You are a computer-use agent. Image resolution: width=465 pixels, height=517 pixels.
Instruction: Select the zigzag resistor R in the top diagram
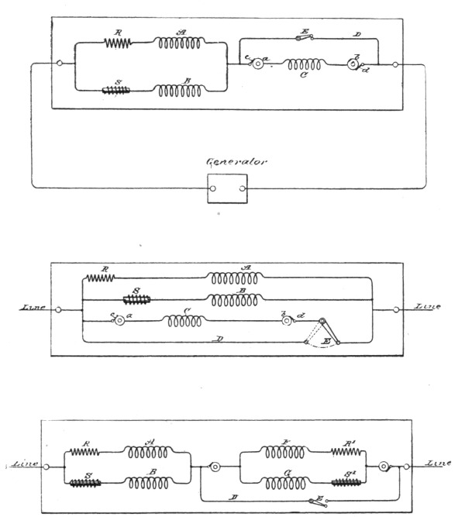[118, 43]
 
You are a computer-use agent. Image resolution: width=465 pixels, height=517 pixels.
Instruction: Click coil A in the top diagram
[181, 43]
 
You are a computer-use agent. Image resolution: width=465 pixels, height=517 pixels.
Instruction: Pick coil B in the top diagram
[181, 91]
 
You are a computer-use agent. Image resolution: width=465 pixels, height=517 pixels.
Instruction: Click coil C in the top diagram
[305, 66]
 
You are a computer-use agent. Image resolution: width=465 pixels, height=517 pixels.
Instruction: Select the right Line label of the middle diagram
[428, 307]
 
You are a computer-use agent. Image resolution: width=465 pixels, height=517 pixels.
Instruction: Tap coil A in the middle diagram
[237, 277]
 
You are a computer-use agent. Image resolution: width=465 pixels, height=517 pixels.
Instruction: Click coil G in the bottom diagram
[282, 483]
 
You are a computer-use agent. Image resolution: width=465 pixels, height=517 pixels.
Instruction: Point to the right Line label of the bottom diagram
[439, 463]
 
